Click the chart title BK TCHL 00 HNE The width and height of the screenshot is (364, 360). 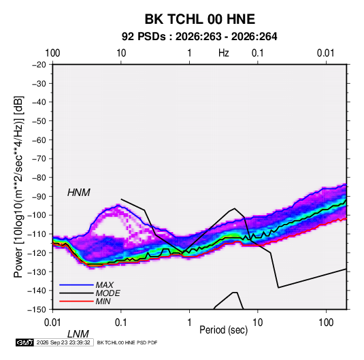tap(200, 19)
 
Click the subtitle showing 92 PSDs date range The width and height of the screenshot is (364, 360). tap(199, 37)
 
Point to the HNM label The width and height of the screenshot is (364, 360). tap(79, 193)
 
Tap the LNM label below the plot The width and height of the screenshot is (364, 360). tap(78, 334)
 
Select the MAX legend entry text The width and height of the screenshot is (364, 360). tap(105, 285)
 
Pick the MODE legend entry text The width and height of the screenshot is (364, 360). tap(108, 293)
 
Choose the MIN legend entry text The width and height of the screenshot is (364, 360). tap(103, 301)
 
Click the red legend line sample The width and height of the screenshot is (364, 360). tap(76, 301)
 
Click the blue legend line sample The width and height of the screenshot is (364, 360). tap(76, 285)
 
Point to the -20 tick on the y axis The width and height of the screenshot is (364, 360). tap(39, 65)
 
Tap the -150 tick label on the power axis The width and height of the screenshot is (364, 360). tap(37, 309)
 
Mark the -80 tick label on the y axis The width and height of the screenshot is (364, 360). tap(39, 178)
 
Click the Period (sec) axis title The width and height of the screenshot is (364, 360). tap(224, 330)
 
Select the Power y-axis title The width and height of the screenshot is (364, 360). tap(18, 187)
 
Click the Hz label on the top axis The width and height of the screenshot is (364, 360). tap(224, 53)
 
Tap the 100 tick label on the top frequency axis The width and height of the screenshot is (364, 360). tap(52, 53)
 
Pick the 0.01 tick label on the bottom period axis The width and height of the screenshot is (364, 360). tap(52, 323)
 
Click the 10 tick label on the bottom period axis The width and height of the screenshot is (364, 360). tap(257, 323)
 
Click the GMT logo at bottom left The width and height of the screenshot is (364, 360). tap(25, 342)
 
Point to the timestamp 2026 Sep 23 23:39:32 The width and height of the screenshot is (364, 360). tap(63, 342)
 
